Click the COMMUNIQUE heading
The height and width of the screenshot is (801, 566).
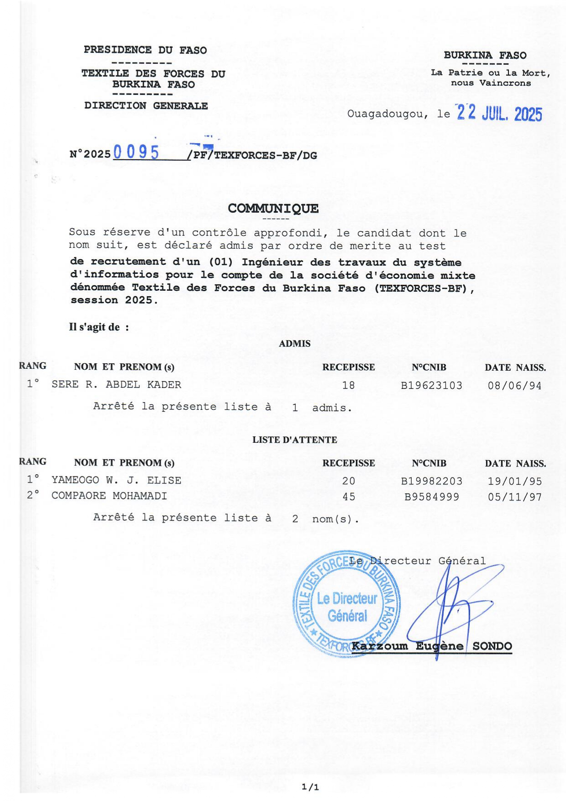pos(273,209)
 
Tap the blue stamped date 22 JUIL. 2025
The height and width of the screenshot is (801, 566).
pos(499,113)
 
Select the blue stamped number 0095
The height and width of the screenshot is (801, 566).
pos(136,152)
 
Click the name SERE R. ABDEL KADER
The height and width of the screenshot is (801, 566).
pos(116,385)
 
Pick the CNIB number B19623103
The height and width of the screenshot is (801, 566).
pos(431,386)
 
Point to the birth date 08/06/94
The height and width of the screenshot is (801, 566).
pos(514,386)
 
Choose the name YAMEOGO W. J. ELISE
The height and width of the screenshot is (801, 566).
pos(116,480)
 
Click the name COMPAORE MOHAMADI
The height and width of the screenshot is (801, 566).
pos(109,496)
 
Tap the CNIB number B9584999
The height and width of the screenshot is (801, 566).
pos(431,497)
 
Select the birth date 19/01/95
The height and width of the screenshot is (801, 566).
pos(514,481)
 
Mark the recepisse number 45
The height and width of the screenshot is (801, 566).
pos(349,497)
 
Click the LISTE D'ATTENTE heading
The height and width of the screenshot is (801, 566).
pos(294,440)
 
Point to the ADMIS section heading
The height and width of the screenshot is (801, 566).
pos(294,344)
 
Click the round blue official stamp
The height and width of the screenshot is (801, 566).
pos(346,603)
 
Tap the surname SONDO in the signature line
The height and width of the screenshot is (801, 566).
pos(492,646)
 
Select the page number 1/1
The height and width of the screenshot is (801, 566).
pos(310,787)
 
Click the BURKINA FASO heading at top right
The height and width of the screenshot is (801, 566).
pos(485,56)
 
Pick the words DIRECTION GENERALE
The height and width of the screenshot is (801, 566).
pos(146,106)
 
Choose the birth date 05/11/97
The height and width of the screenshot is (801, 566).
pos(514,497)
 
